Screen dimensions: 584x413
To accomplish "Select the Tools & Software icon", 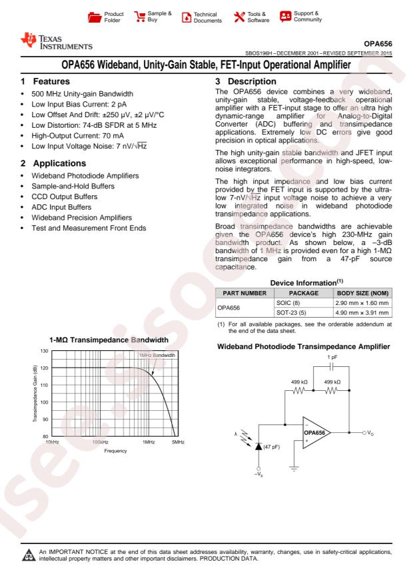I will click(238, 15).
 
